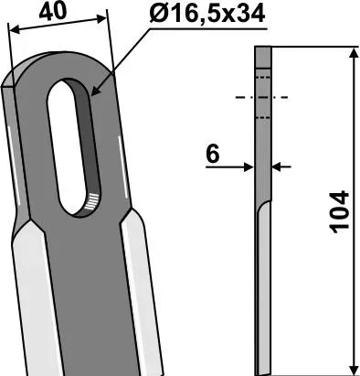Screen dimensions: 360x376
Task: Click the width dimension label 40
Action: [x=52, y=12]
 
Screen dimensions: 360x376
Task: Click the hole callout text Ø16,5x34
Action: [x=206, y=14]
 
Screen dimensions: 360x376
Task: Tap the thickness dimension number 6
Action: [x=212, y=155]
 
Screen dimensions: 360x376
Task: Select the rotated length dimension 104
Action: [x=339, y=212]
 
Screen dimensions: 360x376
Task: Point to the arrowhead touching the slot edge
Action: [x=96, y=91]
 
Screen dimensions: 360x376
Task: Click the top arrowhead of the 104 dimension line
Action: [x=354, y=52]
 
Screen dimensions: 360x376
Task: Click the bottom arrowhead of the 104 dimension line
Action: [x=355, y=370]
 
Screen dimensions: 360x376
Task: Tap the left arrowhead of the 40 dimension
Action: [x=15, y=29]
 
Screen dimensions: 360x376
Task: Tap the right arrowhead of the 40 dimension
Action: [x=101, y=19]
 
